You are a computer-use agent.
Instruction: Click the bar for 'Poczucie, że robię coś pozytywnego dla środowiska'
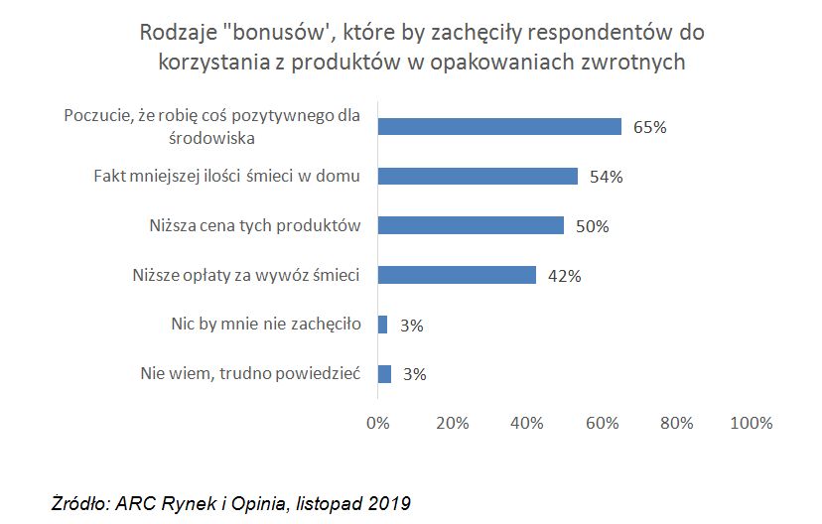[x=499, y=127]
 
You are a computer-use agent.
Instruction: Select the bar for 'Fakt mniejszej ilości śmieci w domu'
[x=478, y=176]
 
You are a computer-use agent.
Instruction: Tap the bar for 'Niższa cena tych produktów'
[x=471, y=225]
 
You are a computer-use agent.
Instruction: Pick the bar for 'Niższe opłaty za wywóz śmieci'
[x=457, y=275]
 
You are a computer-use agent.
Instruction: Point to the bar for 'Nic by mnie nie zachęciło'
[x=382, y=325]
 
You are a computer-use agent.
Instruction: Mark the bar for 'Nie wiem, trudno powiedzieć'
[x=383, y=374]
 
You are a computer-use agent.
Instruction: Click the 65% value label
[x=650, y=127]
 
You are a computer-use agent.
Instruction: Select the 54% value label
[x=606, y=177]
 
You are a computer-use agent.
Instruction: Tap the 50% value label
[x=593, y=226]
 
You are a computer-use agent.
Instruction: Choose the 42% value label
[x=564, y=276]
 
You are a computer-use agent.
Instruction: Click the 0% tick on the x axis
[x=377, y=423]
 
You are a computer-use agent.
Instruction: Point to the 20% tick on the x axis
[x=452, y=423]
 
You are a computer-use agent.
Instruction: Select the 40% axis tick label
[x=526, y=423]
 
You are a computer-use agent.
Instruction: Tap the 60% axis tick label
[x=602, y=423]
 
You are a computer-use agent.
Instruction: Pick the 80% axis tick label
[x=676, y=423]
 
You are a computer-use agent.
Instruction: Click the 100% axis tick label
[x=751, y=423]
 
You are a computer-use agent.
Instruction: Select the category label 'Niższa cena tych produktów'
[x=250, y=224]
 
